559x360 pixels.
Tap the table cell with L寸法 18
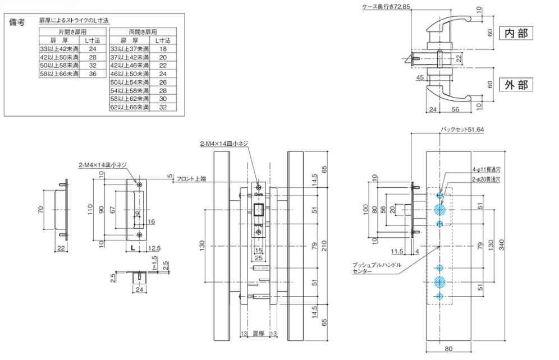coord(163,49)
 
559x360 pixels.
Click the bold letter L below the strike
coord(132,247)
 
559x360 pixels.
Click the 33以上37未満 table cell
coord(130,49)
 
